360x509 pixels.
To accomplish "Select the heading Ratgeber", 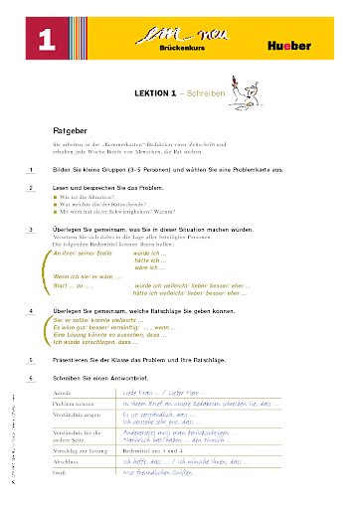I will coord(73,130).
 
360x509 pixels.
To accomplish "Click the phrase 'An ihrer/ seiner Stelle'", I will coord(81,254).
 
